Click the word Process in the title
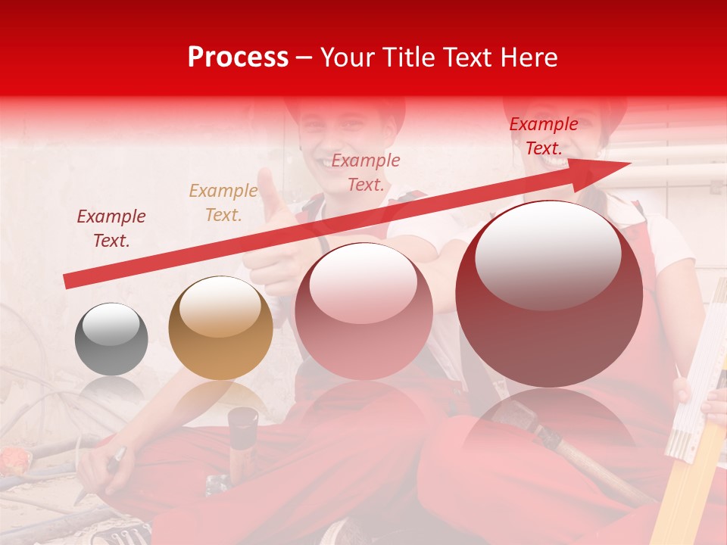click(238, 58)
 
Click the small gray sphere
click(111, 339)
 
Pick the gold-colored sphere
click(220, 328)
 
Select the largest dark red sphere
click(549, 294)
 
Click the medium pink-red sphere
click(363, 312)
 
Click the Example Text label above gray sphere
click(111, 229)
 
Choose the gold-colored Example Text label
click(223, 203)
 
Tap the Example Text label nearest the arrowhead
click(543, 136)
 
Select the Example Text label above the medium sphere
click(366, 172)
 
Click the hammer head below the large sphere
click(515, 416)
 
